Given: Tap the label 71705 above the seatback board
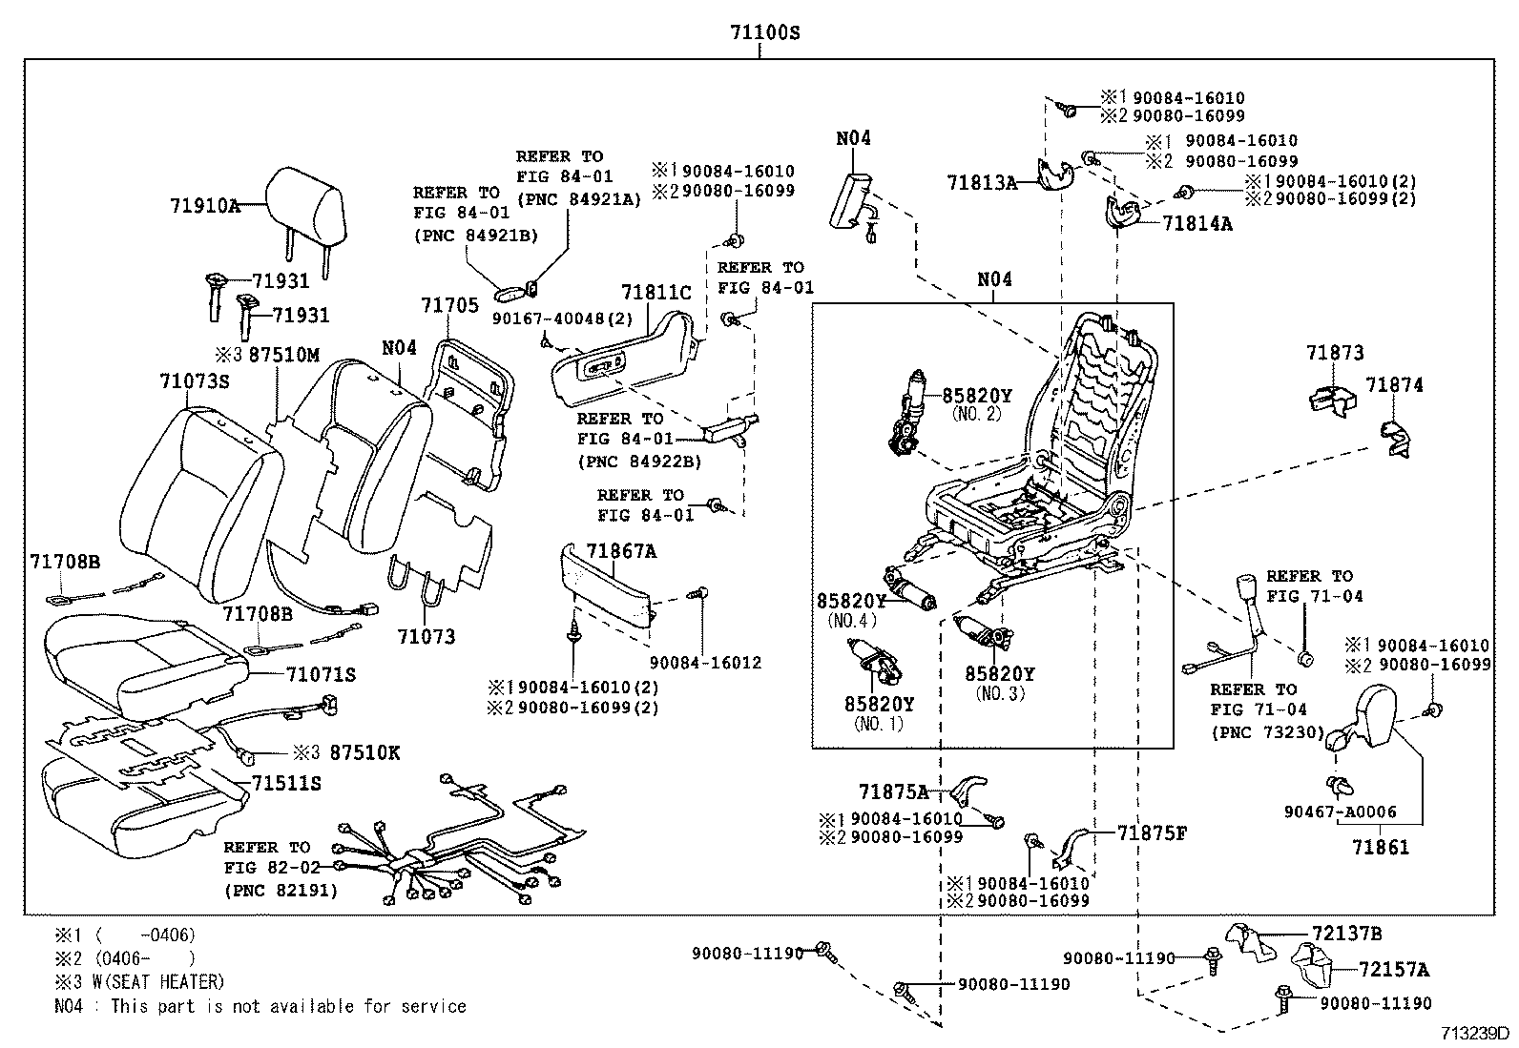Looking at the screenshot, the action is [x=449, y=304].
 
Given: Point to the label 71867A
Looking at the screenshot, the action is [x=621, y=551].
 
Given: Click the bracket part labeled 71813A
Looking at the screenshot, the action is [x=1052, y=177].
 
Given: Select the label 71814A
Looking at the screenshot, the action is [x=1197, y=224].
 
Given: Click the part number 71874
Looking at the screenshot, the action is [x=1394, y=384].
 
